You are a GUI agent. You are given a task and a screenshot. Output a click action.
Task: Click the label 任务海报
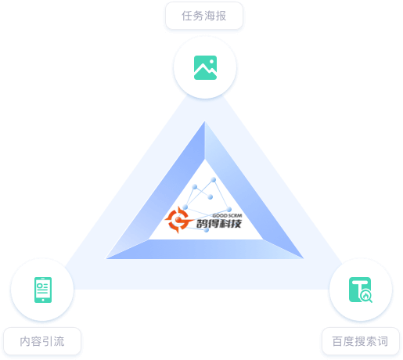pos(204,16)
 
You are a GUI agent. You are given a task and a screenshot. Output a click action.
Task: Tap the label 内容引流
pos(42,341)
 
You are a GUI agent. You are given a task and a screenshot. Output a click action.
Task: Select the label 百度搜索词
pos(360,341)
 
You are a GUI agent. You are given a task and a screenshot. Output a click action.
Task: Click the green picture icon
pos(205,67)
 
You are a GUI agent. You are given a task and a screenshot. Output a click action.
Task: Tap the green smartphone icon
pos(43,290)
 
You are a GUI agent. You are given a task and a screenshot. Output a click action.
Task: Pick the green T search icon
pos(361,290)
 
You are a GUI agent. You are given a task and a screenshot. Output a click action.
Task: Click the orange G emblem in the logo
pos(178,220)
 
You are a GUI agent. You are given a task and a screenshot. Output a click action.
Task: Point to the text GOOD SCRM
pos(227,215)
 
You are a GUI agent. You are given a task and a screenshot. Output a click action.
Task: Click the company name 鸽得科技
pos(219,224)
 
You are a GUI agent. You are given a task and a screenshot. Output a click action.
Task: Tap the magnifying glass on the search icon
pos(365,297)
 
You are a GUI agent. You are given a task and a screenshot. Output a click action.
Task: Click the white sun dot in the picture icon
pos(211,62)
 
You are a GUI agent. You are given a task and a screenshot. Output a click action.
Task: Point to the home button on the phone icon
pos(43,300)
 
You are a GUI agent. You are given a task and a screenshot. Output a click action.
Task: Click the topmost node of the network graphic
pos(214,180)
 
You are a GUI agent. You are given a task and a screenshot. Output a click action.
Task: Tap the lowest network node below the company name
pos(207,230)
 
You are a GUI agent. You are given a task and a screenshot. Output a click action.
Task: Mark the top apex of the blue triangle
pos(205,121)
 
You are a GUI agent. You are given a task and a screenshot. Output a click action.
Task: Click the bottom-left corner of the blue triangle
pos(106,259)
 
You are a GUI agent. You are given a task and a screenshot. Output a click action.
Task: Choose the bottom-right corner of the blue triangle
pos(304,258)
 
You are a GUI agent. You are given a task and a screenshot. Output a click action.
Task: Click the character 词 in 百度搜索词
pos(383,341)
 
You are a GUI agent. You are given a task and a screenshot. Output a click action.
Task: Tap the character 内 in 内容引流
pos(25,341)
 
